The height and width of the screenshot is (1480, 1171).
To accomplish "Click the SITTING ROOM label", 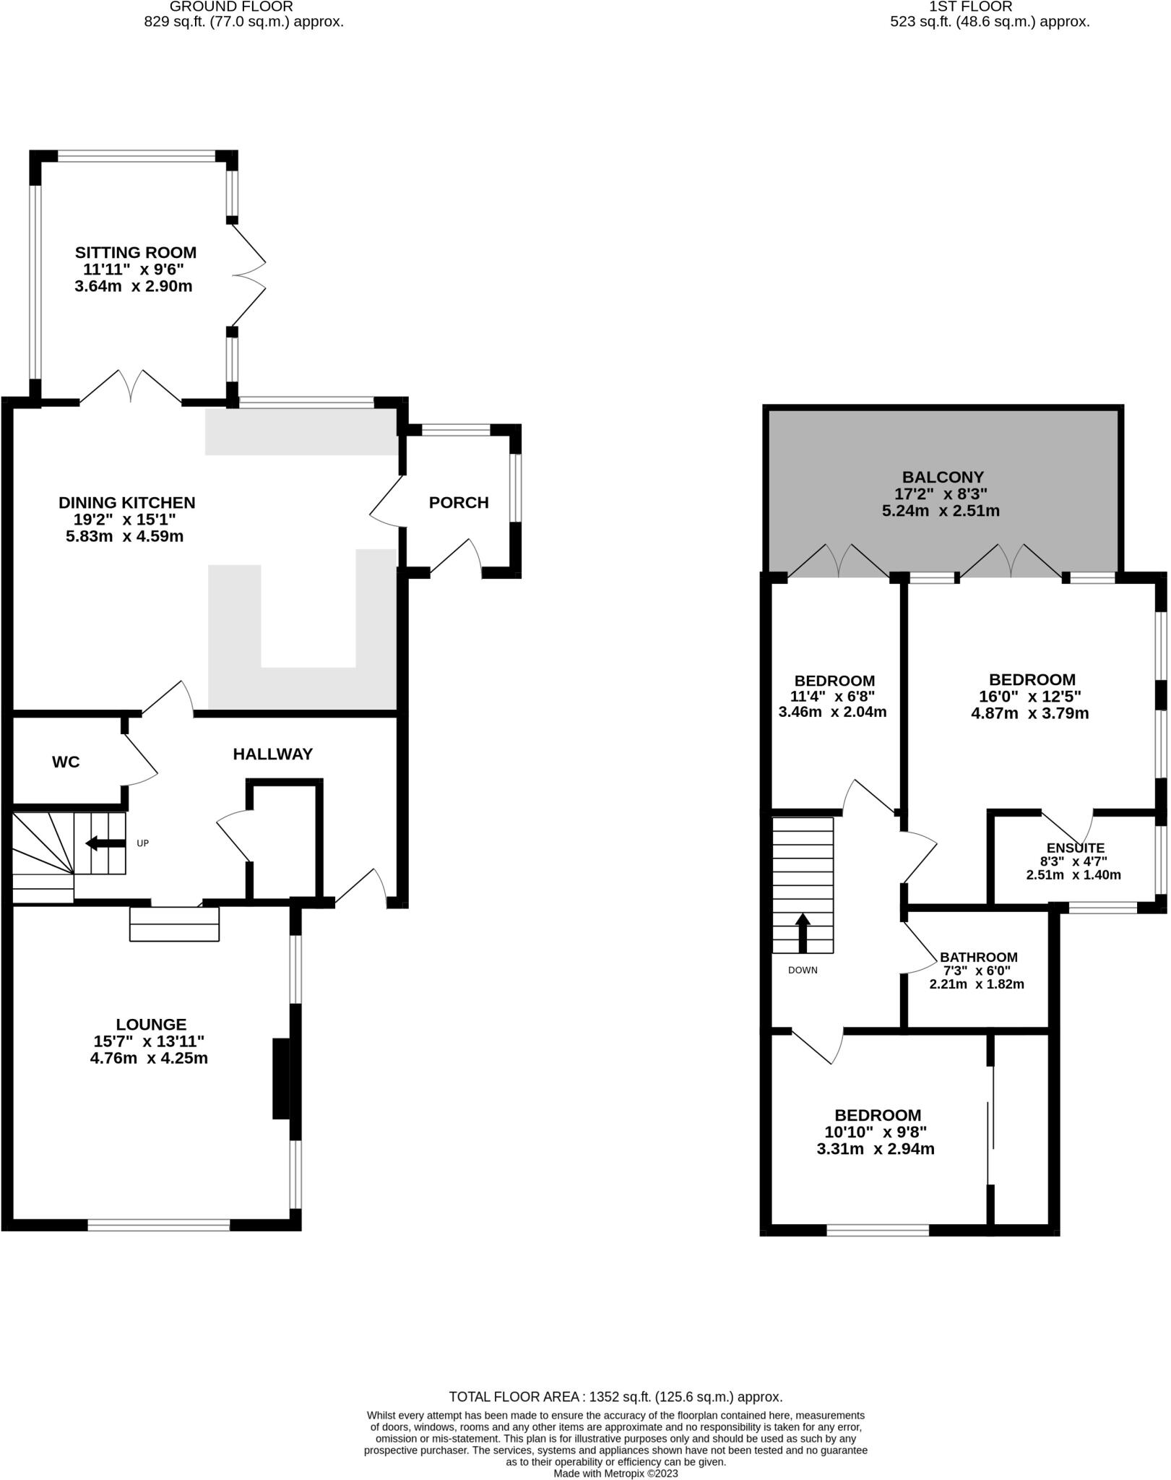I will point(136,253).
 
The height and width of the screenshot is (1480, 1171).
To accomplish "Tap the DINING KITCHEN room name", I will point(127,503).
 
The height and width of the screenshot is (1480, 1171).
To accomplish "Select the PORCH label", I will point(459,503).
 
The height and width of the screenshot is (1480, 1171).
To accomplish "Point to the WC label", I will point(66,762).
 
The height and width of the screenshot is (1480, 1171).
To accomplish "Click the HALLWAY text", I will point(272,754).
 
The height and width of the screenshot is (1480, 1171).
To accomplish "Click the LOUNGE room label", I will point(151,1025).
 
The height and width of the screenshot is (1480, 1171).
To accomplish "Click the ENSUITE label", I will point(1075,848).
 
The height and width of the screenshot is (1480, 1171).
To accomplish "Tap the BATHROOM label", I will point(978,958).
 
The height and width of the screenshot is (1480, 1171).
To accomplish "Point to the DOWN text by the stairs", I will point(803,971).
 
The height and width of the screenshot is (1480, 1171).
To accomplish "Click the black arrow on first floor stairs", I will point(803,932).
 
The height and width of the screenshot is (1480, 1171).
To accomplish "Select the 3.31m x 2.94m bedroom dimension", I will point(876,1150).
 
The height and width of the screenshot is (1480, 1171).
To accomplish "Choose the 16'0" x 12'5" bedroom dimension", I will point(1032,697).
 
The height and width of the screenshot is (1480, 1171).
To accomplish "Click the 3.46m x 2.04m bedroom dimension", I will point(832,713).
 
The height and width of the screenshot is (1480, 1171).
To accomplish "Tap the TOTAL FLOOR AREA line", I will point(615,1397).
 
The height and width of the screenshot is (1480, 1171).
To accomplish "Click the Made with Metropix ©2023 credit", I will point(615,1473).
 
